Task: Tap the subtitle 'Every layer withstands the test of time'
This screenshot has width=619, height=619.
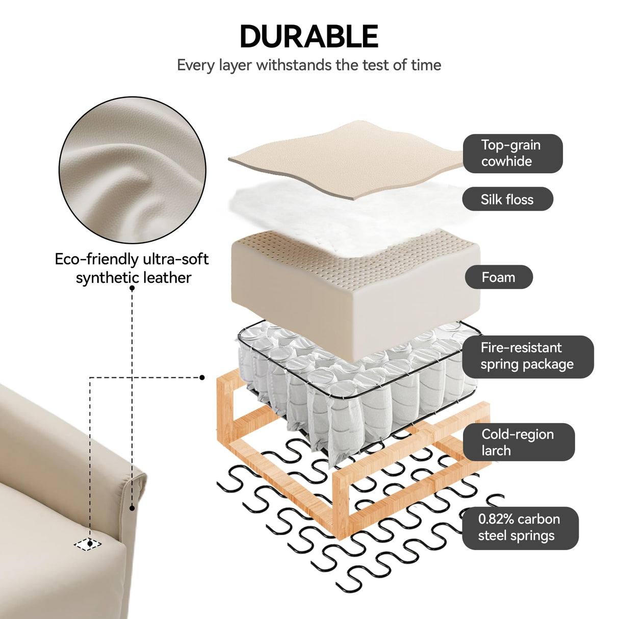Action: (x=308, y=65)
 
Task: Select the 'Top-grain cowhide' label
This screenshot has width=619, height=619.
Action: (x=512, y=153)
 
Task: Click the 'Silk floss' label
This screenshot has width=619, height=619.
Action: (x=507, y=199)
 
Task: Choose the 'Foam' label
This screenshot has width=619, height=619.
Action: (x=499, y=277)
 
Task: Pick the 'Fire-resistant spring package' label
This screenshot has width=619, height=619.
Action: (x=528, y=356)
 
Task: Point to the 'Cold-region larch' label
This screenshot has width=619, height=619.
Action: (x=519, y=442)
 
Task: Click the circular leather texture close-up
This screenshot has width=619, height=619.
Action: (x=133, y=170)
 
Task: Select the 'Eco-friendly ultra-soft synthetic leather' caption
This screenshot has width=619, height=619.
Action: (x=132, y=268)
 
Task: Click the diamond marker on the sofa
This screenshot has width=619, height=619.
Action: (x=88, y=544)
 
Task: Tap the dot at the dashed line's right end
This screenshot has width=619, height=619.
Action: (x=202, y=377)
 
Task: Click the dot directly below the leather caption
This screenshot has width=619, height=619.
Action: (x=132, y=288)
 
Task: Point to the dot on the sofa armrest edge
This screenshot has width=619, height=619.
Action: (x=132, y=508)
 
